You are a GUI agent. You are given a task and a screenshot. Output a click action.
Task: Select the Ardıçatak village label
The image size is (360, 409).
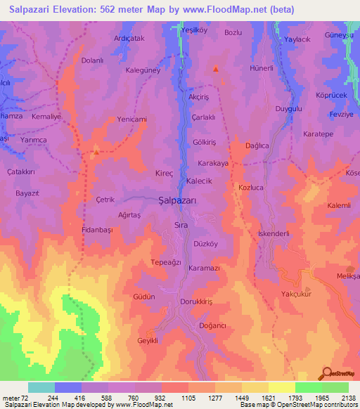129,39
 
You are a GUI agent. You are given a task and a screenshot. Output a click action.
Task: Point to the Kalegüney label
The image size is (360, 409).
143,70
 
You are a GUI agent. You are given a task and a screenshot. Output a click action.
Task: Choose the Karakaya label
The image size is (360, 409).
213,163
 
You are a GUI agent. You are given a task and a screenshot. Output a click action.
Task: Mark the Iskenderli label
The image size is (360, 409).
259,234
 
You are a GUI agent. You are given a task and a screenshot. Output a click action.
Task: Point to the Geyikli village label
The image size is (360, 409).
147,340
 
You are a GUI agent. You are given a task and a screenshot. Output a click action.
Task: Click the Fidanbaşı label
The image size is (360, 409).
98,230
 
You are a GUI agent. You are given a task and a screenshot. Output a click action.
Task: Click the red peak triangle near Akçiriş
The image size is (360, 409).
216,69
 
